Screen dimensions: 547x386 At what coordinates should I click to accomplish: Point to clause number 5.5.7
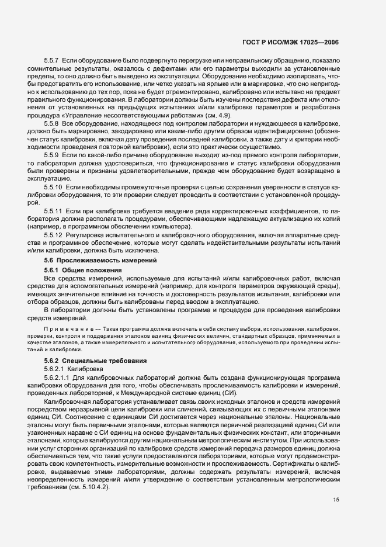click(x=52, y=61)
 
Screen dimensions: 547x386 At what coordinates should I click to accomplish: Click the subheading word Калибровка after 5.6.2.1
click(x=85, y=371)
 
